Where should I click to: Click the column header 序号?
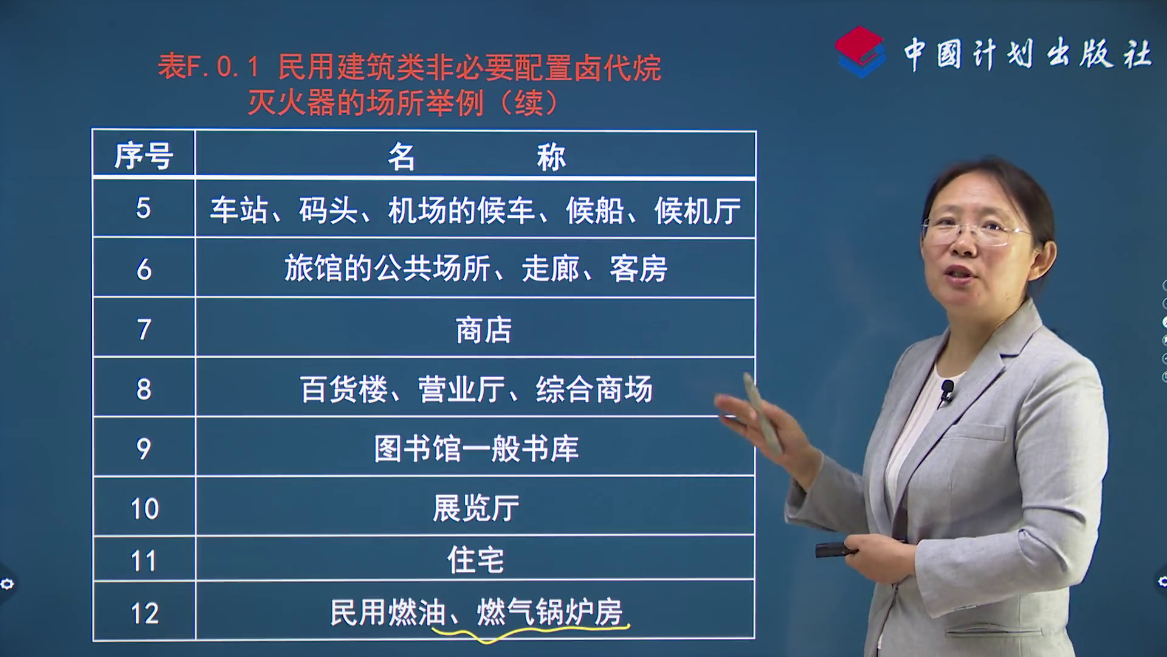144,156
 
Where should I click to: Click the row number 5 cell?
143,209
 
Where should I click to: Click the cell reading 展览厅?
476,508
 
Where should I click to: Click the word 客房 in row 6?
639,269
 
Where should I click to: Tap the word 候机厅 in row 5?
698,211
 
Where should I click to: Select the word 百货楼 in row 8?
343,389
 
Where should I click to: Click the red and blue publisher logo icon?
859,52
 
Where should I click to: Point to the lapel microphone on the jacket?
946,391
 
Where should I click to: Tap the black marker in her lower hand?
836,550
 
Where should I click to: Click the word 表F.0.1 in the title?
209,66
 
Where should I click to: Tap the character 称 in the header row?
551,157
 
